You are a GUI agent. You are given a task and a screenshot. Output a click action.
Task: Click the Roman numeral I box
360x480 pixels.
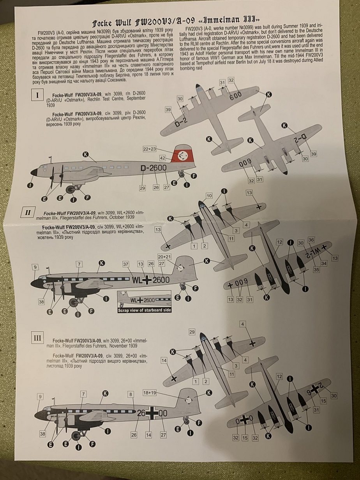pos(37,95)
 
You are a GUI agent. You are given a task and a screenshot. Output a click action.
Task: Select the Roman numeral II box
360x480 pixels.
pos(28,212)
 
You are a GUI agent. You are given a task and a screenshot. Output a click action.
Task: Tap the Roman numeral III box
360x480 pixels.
pos(37,338)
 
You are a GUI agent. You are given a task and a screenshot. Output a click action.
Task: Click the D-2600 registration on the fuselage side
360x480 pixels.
pos(154,168)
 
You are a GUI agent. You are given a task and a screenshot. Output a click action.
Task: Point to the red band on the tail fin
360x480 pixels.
pos(182,156)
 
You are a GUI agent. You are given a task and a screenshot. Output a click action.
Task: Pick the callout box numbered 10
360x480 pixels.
pos(209,195)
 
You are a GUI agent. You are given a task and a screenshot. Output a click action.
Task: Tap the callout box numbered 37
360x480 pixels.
pos(125,265)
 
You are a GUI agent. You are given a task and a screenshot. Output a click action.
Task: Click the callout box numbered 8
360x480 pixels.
pos(131,394)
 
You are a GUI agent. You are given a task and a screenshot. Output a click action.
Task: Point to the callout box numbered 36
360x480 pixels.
pos(311,240)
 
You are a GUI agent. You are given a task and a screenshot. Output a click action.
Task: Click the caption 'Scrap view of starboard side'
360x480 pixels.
pos(145,310)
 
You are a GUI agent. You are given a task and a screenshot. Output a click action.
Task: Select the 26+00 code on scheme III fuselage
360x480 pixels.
pos(152,413)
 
